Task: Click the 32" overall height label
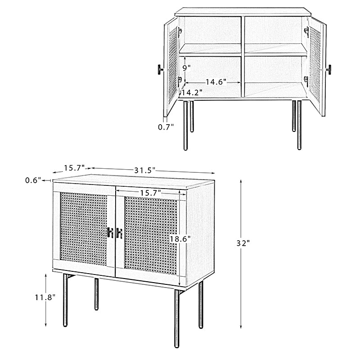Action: pos(243,243)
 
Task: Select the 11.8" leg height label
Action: pos(45,297)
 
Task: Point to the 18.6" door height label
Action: pos(180,239)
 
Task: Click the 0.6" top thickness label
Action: pos(33,180)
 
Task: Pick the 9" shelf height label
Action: pos(186,68)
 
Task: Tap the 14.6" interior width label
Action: pos(216,82)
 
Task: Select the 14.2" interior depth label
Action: pos(192,92)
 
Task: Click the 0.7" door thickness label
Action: pos(166,127)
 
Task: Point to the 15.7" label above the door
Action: pos(150,193)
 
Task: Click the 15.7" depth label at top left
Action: pos(74,168)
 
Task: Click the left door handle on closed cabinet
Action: pos(110,233)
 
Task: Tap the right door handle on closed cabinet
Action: pos(119,233)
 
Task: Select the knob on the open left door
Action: pos(160,70)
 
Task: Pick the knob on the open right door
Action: pos(329,70)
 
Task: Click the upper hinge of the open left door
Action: pos(180,31)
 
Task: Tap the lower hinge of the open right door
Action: pos(306,81)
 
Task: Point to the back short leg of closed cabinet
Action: pos(96,294)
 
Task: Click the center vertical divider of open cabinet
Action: pos(243,57)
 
